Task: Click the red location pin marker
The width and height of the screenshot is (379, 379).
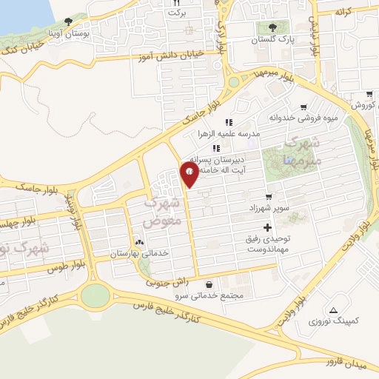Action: (x=189, y=175)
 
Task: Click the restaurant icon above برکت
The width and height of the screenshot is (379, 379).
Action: (x=176, y=3)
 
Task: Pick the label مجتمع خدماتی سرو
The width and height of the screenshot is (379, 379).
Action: (x=209, y=296)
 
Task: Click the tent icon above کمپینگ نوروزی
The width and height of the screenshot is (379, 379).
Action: (x=333, y=311)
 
